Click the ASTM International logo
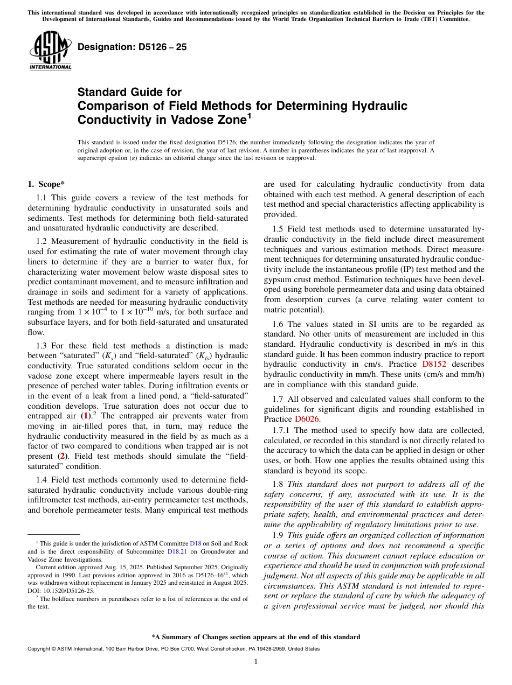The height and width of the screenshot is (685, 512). [50, 51]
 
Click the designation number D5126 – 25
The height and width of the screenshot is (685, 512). [132, 47]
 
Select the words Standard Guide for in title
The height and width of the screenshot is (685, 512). [129, 92]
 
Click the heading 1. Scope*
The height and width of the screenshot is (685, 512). [46, 184]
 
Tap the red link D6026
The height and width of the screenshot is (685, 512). [307, 419]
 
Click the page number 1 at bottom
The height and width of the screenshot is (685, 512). [255, 662]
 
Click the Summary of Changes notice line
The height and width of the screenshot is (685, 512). [255, 637]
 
